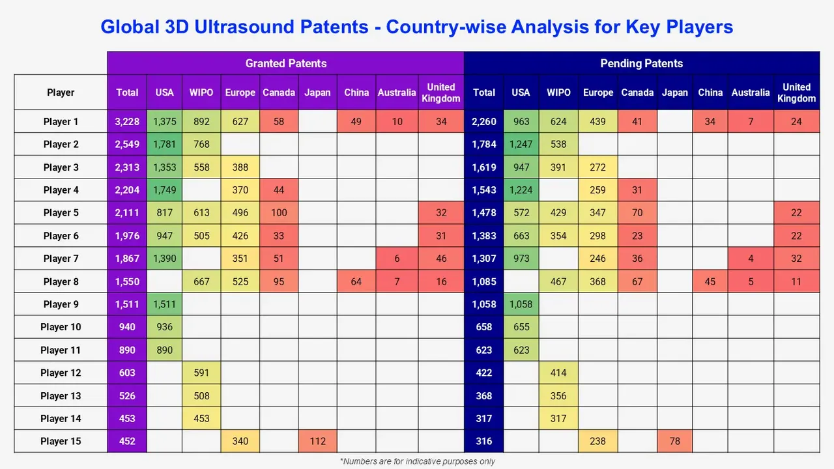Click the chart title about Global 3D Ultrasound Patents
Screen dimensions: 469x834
coord(417,27)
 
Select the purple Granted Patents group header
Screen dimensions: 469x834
coord(285,63)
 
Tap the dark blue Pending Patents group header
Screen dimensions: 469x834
coord(641,63)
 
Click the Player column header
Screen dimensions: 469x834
coord(61,92)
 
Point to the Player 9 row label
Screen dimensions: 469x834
coord(61,304)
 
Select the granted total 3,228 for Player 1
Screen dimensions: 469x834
coord(127,122)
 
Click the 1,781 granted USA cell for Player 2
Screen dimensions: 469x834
coord(164,145)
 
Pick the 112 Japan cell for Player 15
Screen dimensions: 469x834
coord(317,441)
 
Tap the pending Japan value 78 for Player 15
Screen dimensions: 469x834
coord(674,441)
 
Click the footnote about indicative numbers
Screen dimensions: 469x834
coord(417,461)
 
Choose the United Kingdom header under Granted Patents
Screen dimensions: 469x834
coord(440,92)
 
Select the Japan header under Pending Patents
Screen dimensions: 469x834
coord(674,92)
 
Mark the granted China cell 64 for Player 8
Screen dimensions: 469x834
coord(356,281)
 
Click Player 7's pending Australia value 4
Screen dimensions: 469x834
coord(751,259)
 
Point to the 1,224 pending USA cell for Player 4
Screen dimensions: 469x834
coord(521,190)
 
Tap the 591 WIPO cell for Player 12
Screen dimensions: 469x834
coord(201,373)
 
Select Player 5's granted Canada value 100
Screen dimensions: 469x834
coord(279,213)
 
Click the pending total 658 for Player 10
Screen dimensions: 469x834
coord(483,327)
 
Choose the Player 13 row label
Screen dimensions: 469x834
coord(61,395)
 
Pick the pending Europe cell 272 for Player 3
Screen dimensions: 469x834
coord(598,167)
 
